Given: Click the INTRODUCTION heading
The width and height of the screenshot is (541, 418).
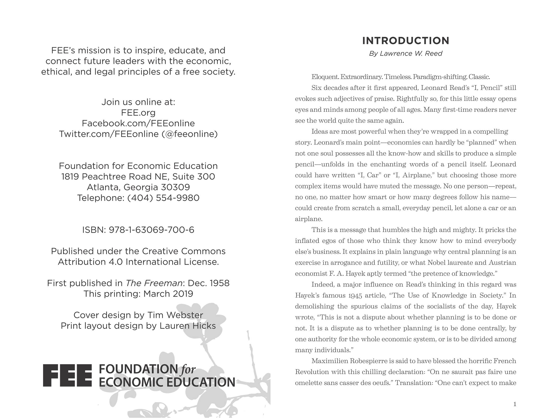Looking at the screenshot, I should point(405,41).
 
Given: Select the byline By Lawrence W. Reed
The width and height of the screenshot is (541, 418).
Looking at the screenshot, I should point(405,54).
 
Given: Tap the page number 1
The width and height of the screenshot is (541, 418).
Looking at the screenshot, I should point(515,404).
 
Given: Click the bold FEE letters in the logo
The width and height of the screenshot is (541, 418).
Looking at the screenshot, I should point(67,375).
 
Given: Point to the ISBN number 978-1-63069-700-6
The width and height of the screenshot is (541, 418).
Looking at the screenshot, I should point(151,230).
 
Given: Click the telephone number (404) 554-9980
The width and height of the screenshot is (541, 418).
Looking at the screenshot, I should point(163,198).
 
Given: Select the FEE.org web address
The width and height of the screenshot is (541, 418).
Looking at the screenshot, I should point(138,113).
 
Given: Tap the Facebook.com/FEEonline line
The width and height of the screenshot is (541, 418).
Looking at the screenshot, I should point(138,123).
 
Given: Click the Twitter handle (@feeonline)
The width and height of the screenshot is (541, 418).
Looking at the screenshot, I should point(190,134).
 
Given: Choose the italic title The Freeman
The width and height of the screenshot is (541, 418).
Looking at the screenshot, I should point(154,283).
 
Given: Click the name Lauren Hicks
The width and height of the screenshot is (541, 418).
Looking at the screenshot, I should point(188,326).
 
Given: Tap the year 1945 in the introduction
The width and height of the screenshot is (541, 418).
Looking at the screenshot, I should point(355,296).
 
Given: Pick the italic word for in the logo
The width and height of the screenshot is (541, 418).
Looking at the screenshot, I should point(188,369).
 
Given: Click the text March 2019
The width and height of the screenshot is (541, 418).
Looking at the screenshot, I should point(168,294).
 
